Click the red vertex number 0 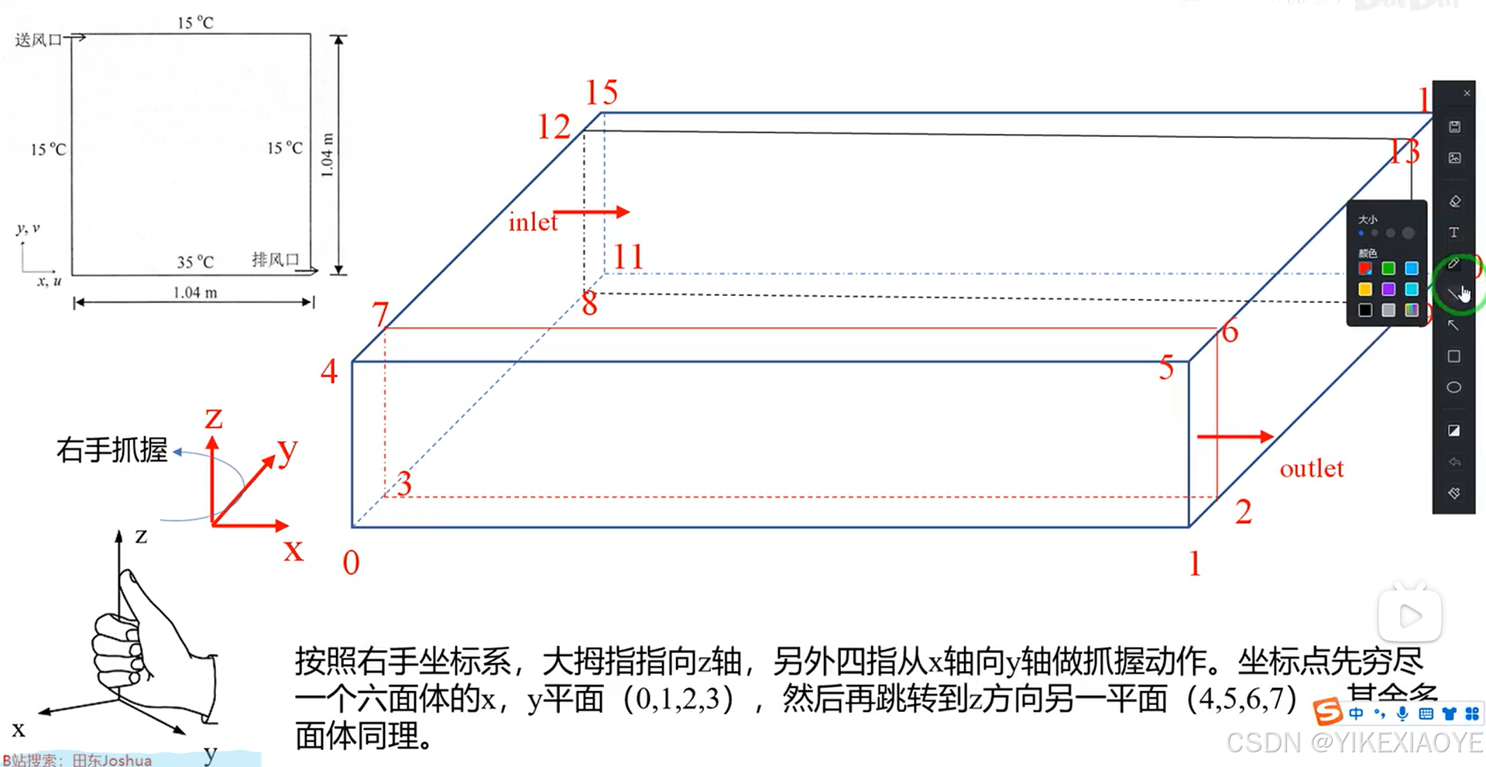[351, 563]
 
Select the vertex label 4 [329, 372]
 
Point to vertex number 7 [379, 315]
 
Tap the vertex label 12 [554, 127]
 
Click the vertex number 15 [601, 93]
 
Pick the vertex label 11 [628, 257]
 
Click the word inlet [533, 223]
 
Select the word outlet [1311, 469]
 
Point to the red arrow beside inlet [592, 212]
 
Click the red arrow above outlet [1234, 437]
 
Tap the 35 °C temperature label [195, 262]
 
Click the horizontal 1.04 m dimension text [195, 293]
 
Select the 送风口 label [38, 40]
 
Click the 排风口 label [275, 260]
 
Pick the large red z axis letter [214, 418]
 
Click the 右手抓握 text [112, 450]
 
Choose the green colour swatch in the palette [1388, 269]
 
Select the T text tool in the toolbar [1453, 232]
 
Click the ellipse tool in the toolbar [1453, 387]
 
